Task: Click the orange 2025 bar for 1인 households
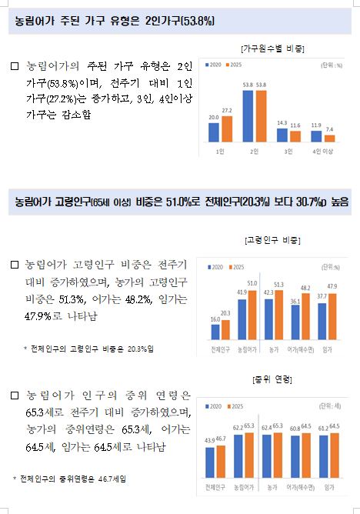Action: (227, 128)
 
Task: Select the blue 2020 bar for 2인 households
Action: (248, 116)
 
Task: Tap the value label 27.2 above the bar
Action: (227, 111)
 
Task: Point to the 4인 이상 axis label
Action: (322, 152)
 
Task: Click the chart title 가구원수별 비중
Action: (272, 48)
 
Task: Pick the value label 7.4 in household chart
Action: (329, 129)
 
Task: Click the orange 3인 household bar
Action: (295, 136)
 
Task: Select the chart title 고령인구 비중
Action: (272, 240)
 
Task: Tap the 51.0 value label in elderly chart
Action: (252, 284)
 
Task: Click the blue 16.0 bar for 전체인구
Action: (215, 332)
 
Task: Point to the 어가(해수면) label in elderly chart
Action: (301, 350)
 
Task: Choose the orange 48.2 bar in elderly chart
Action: (305, 316)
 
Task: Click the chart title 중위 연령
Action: (272, 379)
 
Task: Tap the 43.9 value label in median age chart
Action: (210, 441)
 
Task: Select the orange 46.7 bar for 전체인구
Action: (221, 462)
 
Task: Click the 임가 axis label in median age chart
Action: (329, 488)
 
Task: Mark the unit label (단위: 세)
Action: (330, 406)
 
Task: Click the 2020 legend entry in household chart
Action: (213, 65)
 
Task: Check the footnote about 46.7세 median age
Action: (69, 479)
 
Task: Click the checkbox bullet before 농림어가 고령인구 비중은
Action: (15, 265)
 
